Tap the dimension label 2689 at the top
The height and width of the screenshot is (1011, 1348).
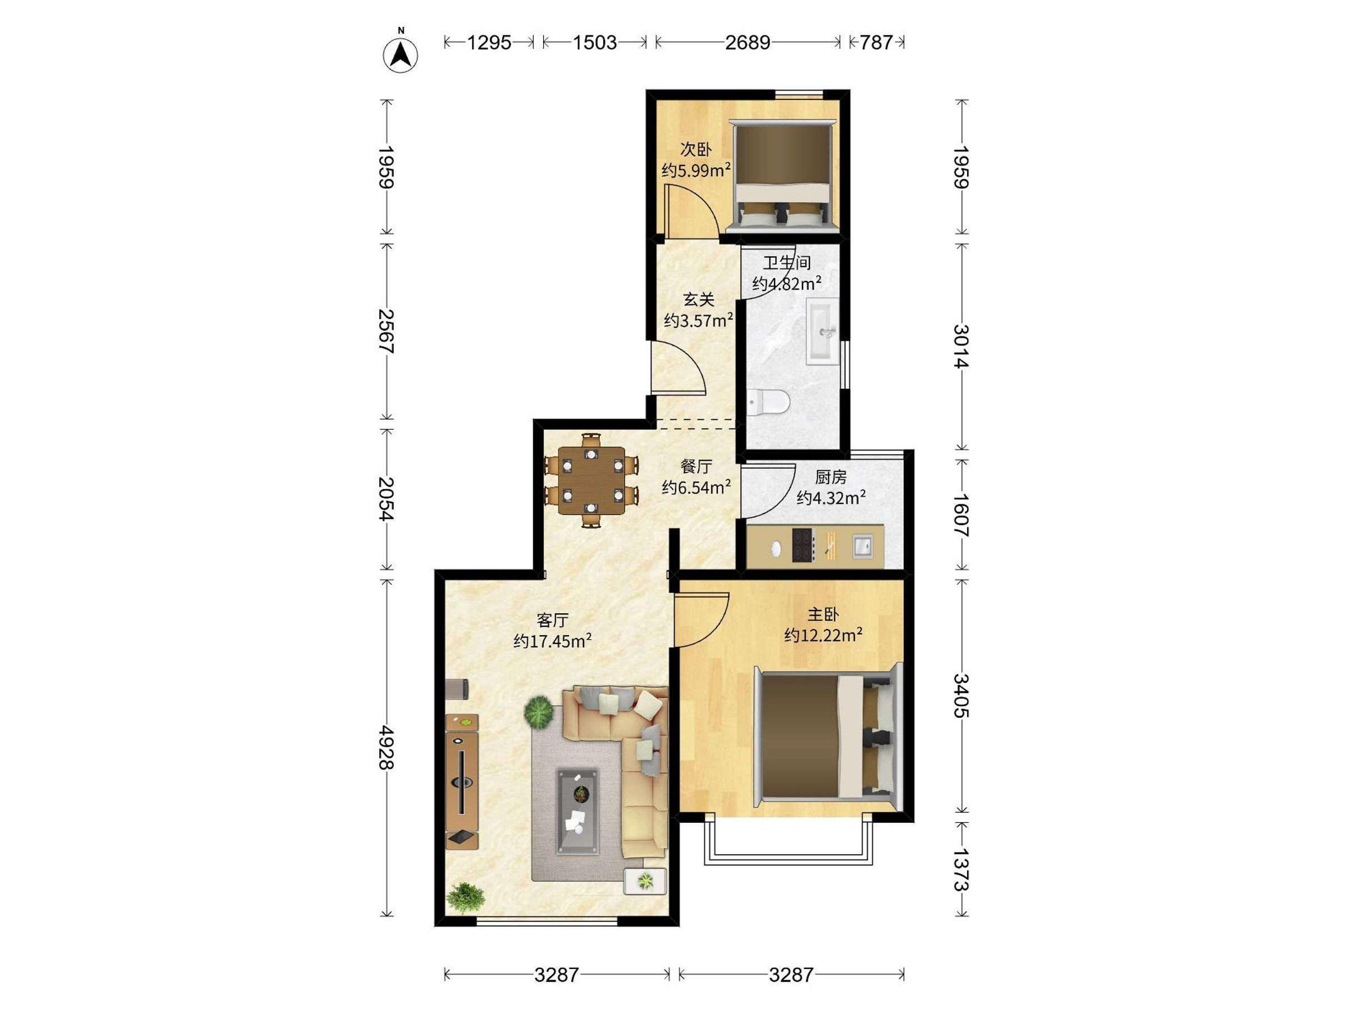748,42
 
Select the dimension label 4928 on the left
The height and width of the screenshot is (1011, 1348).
386,748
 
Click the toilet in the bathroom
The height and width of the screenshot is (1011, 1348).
768,402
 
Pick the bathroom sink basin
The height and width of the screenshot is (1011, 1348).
823,331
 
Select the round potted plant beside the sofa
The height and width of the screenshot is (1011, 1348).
539,712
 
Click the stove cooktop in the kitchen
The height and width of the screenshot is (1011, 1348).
804,545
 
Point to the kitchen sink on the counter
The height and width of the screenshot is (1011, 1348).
862,545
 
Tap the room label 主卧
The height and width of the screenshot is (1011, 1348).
823,614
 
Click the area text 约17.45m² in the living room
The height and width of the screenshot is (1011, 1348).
553,641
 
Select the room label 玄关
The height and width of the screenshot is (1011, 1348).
698,299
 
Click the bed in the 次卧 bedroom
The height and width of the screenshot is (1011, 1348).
784,175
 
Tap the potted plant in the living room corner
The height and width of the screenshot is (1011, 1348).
465,898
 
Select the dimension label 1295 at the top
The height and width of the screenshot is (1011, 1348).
489,42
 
